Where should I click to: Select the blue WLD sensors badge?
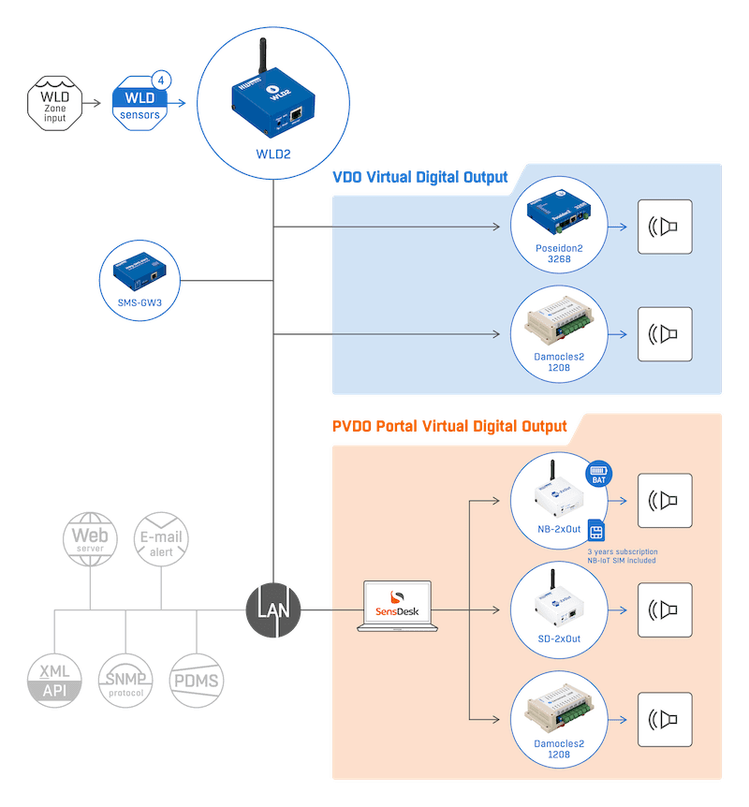pos(140,105)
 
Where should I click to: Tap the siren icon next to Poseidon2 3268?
pos(665,227)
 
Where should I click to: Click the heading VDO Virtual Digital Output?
pos(419,177)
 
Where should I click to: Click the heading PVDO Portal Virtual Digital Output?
pos(449,426)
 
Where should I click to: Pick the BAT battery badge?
pos(598,474)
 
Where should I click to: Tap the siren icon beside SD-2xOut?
pos(665,609)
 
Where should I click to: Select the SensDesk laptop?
pos(395,607)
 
